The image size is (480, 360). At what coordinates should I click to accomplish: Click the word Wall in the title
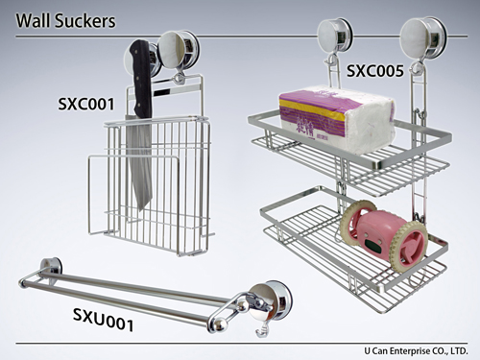coord(33,20)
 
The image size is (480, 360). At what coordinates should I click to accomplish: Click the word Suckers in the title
coord(85,20)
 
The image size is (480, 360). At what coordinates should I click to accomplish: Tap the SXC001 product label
coord(86,104)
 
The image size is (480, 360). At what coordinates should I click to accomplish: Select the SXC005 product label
coord(375,71)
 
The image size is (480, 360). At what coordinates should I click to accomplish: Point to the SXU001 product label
coord(103,320)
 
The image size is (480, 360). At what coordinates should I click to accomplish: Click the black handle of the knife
coord(141,79)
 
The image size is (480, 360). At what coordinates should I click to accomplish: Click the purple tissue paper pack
coord(337,119)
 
